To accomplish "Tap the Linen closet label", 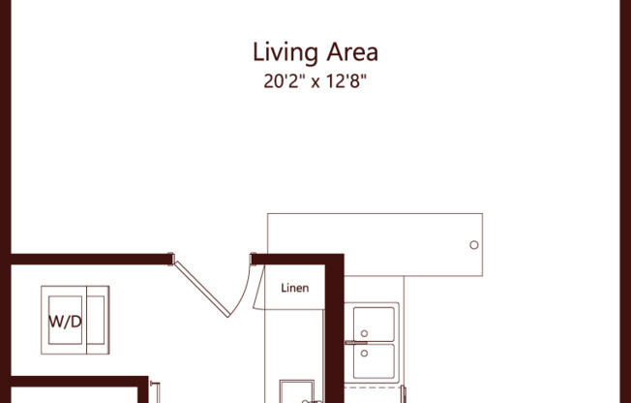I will click(x=294, y=288).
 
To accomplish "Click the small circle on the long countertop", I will click(x=473, y=245).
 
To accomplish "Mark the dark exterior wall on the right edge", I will click(x=624, y=194).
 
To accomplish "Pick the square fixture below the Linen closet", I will click(x=296, y=391).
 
